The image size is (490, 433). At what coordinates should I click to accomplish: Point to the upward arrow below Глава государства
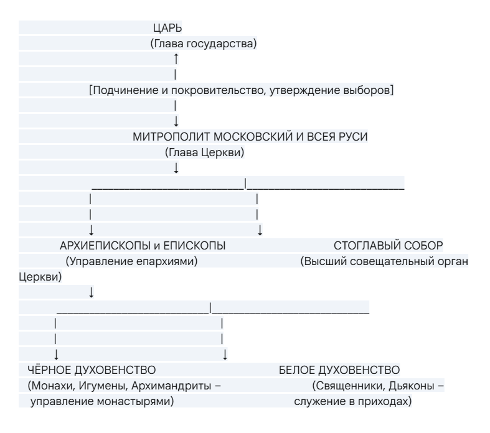[176, 58]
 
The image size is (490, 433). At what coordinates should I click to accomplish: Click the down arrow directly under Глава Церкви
[176, 168]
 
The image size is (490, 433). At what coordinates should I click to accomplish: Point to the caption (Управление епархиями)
[131, 261]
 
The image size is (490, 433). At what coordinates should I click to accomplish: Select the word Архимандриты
[173, 386]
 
